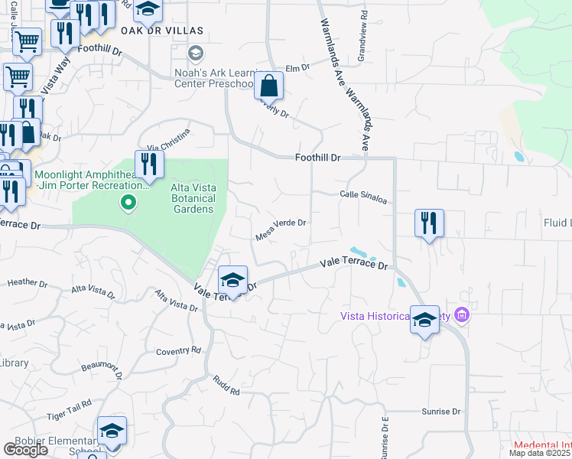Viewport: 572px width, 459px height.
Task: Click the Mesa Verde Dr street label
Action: click(x=281, y=229)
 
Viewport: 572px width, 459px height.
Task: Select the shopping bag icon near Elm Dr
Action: click(x=269, y=85)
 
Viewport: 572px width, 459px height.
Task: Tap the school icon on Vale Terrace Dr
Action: click(x=232, y=280)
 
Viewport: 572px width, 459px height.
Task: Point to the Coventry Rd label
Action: click(x=177, y=350)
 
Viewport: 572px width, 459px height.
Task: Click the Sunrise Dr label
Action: click(x=443, y=412)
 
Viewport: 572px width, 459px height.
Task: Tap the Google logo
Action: click(x=25, y=450)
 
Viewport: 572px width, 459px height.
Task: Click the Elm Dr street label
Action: click(x=297, y=68)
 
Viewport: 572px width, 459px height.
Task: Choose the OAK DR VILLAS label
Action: click(x=162, y=31)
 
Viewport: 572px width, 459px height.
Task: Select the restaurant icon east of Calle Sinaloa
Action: click(x=429, y=223)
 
